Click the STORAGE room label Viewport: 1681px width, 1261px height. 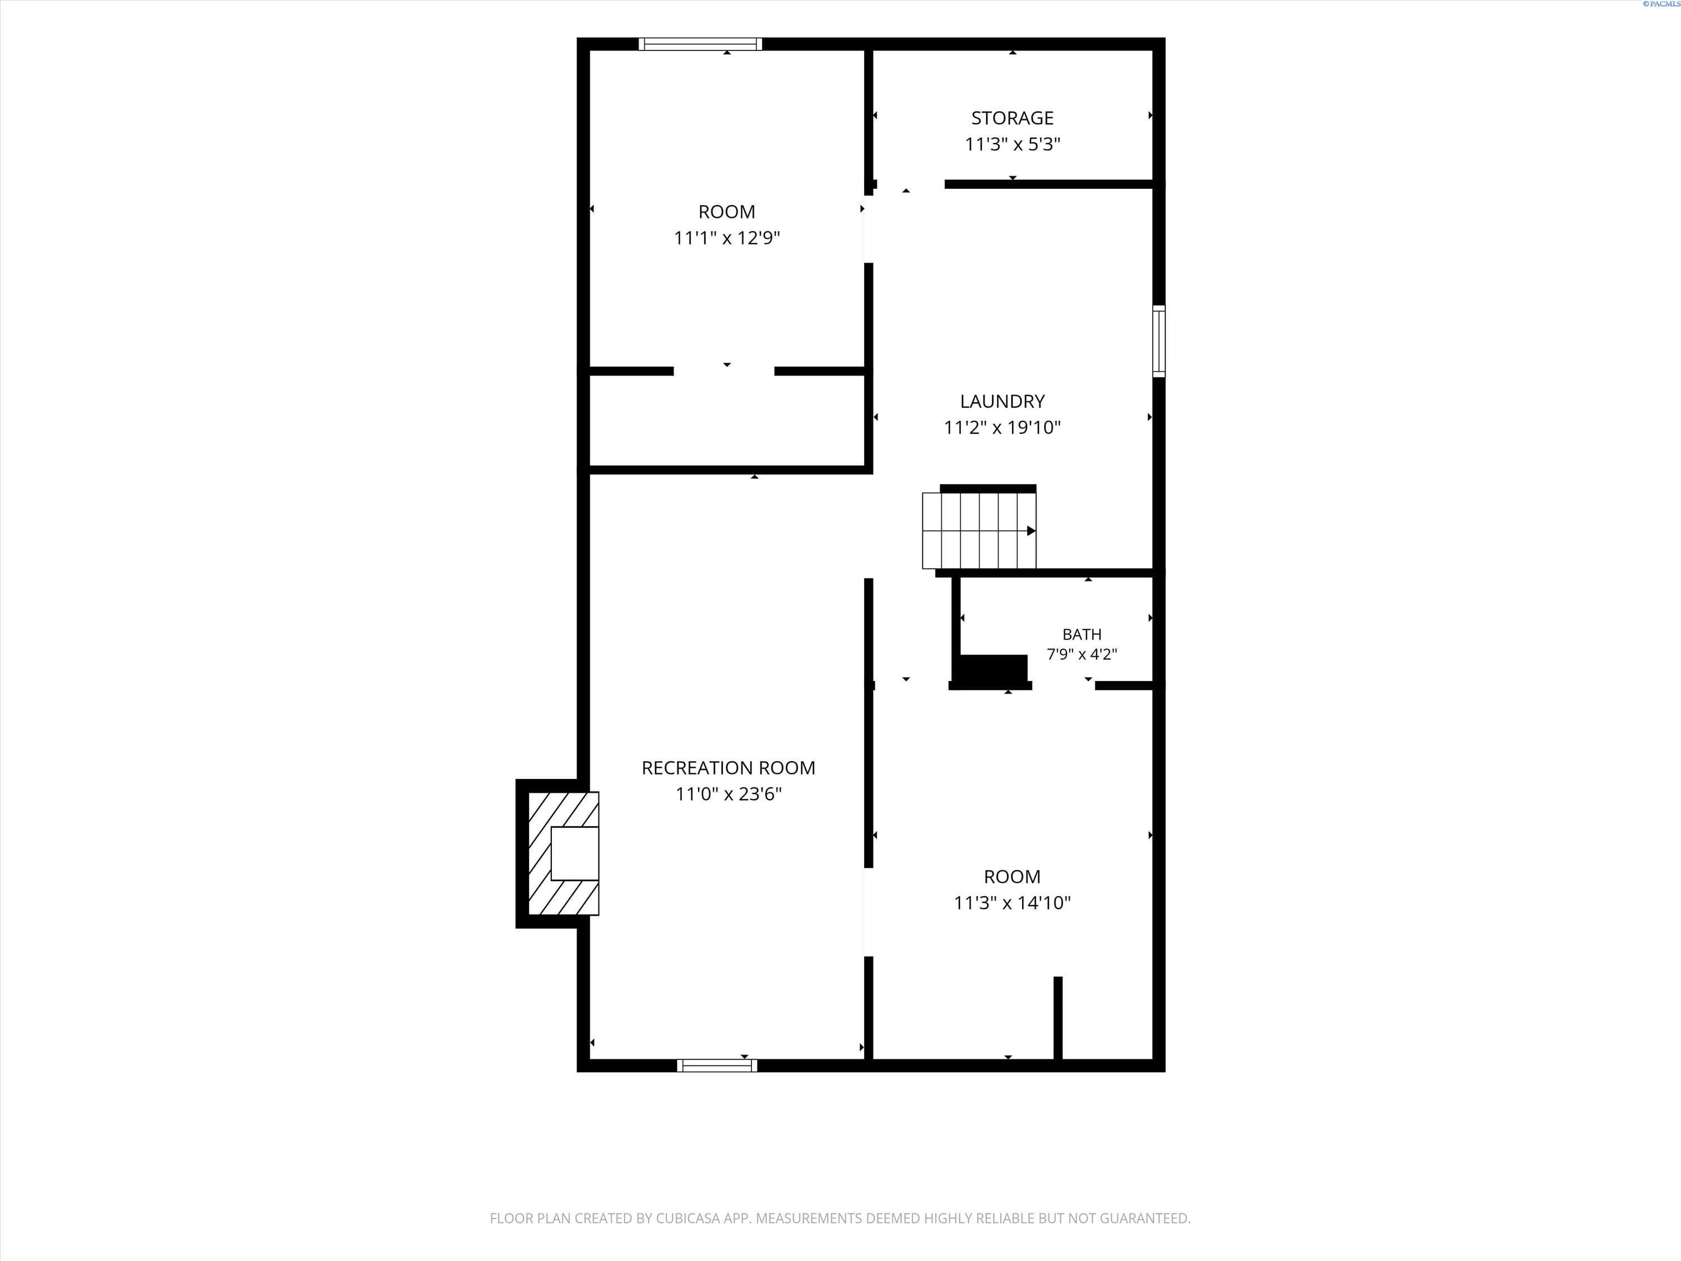click(x=1013, y=118)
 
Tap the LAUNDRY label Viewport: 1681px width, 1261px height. click(x=1002, y=401)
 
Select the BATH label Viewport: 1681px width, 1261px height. click(x=1081, y=634)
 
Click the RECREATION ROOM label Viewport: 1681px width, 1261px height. click(x=728, y=768)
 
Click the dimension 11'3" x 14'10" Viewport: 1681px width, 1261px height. click(x=1013, y=902)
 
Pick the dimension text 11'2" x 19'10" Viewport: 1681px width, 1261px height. click(x=1002, y=427)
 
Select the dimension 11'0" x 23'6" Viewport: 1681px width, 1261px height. click(x=728, y=794)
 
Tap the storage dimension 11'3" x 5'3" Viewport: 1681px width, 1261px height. click(x=1013, y=143)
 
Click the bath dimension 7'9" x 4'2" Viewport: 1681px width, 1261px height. click(x=1081, y=653)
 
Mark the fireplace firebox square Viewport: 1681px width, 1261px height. click(x=574, y=854)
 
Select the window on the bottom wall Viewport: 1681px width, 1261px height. click(x=717, y=1065)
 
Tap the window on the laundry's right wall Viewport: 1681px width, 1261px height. click(x=1159, y=341)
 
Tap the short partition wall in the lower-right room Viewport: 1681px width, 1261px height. click(x=1058, y=1018)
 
